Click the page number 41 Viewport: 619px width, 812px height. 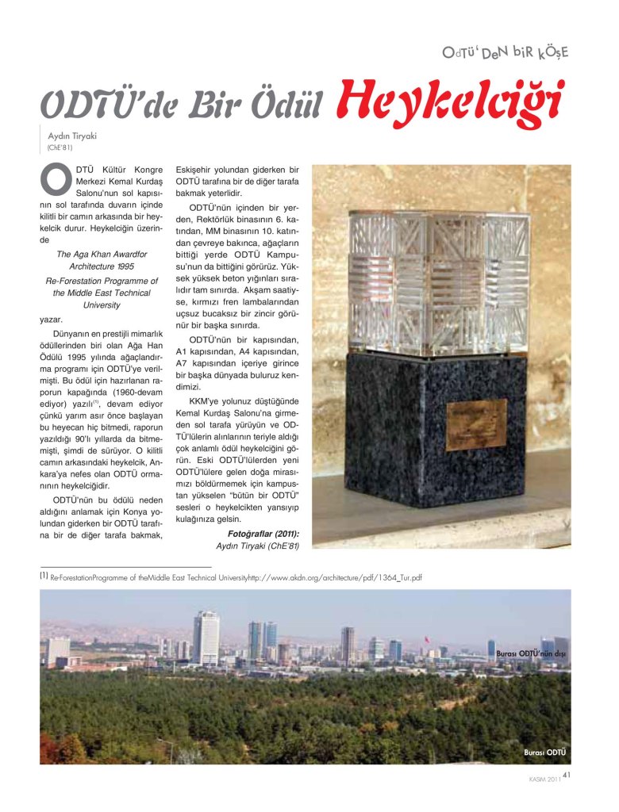(567, 775)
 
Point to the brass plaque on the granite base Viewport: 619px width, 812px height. (475, 422)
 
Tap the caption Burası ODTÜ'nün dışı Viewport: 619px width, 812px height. (530, 653)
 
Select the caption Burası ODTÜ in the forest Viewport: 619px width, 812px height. (545, 752)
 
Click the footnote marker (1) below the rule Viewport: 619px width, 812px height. (44, 577)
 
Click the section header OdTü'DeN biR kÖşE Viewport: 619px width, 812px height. (506, 53)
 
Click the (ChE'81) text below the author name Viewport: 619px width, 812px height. (60, 147)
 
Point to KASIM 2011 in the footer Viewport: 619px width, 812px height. (545, 779)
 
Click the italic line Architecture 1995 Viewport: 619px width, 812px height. (102, 267)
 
